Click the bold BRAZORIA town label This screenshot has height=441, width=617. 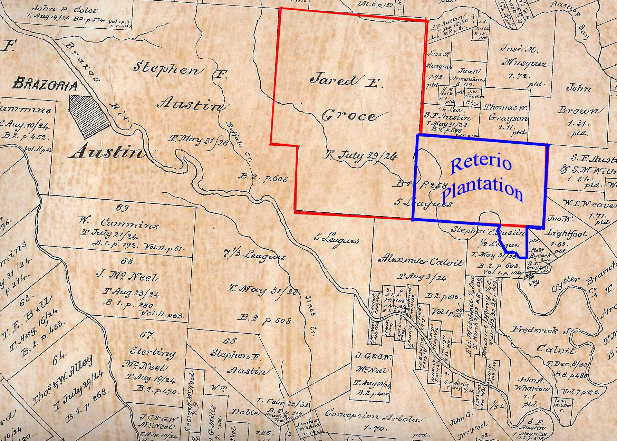[45, 84]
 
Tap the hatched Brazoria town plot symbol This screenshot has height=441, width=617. [90, 116]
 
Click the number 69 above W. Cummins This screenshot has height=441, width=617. [123, 208]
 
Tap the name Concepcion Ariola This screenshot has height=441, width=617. [373, 416]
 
